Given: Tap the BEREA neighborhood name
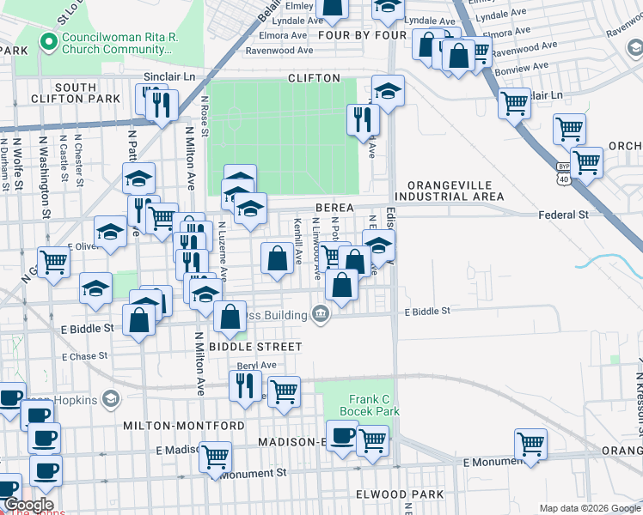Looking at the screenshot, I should coord(334,209).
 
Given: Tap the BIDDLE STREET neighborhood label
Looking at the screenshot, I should coord(260,347).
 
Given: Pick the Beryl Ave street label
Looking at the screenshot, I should coord(258,365).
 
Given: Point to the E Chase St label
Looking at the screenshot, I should coord(84,355).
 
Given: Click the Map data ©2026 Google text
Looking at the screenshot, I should coord(589,508).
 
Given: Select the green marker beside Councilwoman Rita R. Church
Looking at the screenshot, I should coord(48,39).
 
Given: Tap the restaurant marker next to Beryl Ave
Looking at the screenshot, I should coord(245,385).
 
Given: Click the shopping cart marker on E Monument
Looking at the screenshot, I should coord(530,444).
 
